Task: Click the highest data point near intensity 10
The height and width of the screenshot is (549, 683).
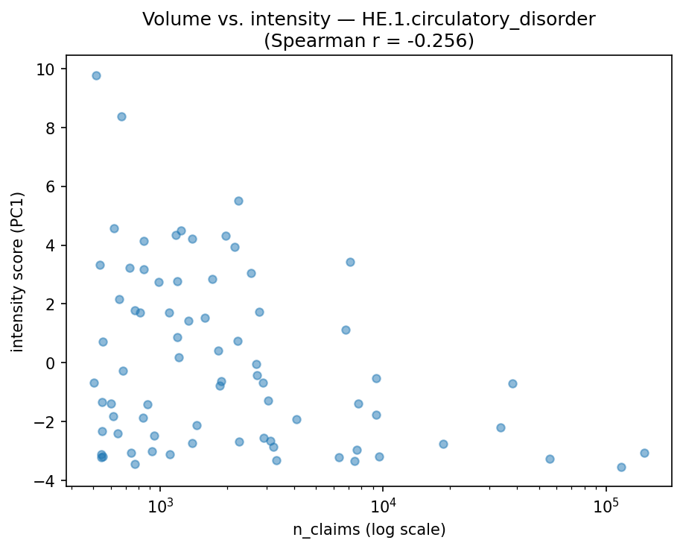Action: (96, 75)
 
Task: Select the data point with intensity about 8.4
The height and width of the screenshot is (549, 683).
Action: (121, 116)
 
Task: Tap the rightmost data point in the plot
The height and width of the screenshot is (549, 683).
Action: (644, 453)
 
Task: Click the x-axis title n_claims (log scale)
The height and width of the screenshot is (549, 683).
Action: (369, 530)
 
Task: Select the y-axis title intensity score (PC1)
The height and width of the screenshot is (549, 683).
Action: (18, 272)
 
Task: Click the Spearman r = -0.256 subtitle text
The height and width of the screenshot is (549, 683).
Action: (369, 40)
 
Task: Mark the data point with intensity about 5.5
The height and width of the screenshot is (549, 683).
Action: (238, 201)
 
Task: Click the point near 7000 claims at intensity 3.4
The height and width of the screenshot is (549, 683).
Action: (350, 262)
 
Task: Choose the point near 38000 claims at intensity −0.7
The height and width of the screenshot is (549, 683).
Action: (512, 383)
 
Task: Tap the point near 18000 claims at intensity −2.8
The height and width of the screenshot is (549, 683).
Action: (443, 444)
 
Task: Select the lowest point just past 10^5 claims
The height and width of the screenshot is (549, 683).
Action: (621, 467)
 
